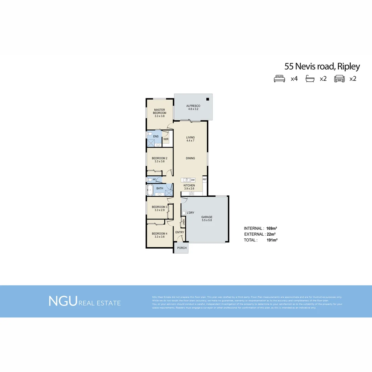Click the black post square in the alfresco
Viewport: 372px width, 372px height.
pyautogui.click(x=208, y=99)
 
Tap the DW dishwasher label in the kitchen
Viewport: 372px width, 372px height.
pyautogui.click(x=193, y=180)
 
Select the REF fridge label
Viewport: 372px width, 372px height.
pyautogui.click(x=204, y=179)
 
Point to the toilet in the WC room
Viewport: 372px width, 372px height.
pyautogui.click(x=149, y=179)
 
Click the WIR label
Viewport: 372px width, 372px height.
pyautogui.click(x=166, y=139)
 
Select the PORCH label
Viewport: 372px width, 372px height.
pyautogui.click(x=182, y=248)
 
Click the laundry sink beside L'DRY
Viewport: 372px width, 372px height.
pyautogui.click(x=184, y=213)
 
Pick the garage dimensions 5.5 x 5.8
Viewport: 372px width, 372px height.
pyautogui.click(x=207, y=220)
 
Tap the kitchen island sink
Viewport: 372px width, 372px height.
pyautogui.click(x=186, y=180)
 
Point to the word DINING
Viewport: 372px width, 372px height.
pyautogui.click(x=190, y=158)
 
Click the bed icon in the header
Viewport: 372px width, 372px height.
pyautogui.click(x=279, y=79)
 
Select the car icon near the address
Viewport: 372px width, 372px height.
pyautogui.click(x=339, y=79)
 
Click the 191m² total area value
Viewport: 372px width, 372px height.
pyautogui.click(x=272, y=240)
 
